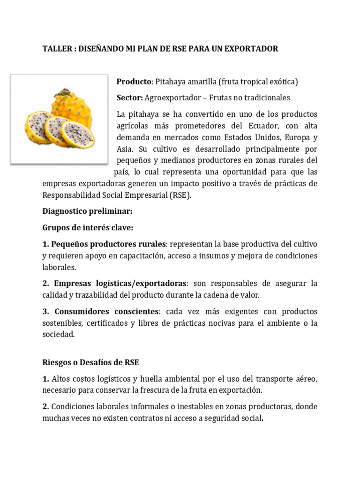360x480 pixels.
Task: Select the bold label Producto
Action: (x=134, y=82)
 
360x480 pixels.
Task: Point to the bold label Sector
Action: (x=130, y=97)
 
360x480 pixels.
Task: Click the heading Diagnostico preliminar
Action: (x=87, y=211)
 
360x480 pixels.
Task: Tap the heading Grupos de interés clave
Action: (x=88, y=227)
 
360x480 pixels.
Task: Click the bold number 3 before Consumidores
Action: (x=45, y=311)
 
